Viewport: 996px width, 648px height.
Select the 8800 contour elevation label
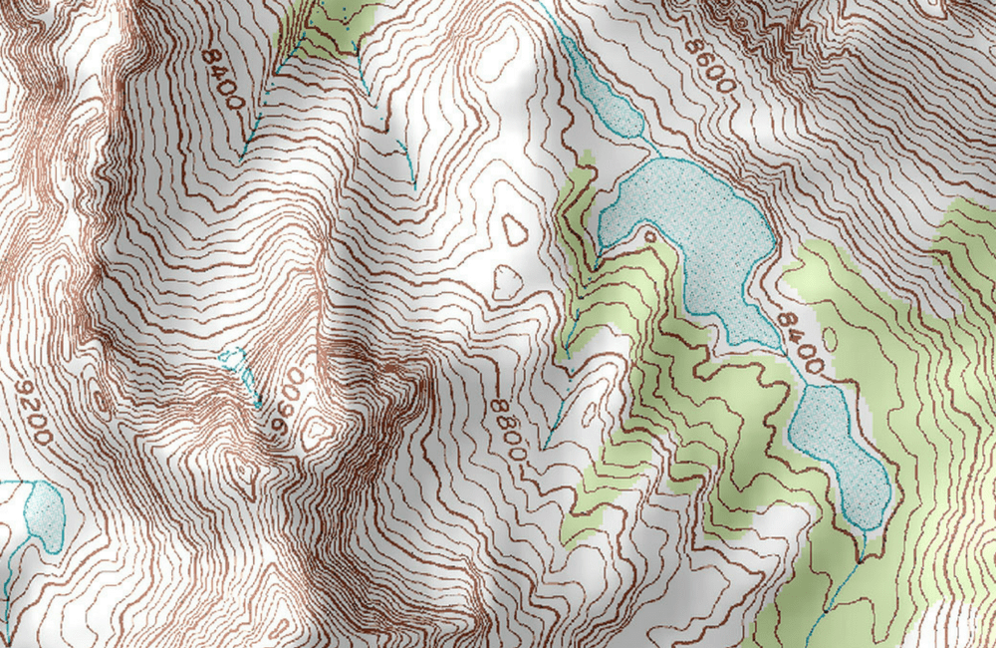[508, 430]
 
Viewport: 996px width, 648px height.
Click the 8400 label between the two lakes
[800, 343]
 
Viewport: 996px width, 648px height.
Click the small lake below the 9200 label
[43, 511]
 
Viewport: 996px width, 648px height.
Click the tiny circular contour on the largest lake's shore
[650, 236]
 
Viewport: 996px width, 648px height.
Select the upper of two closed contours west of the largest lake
[515, 230]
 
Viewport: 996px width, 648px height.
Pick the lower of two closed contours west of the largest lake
[506, 282]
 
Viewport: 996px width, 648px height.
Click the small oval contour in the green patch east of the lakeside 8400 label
[829, 339]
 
